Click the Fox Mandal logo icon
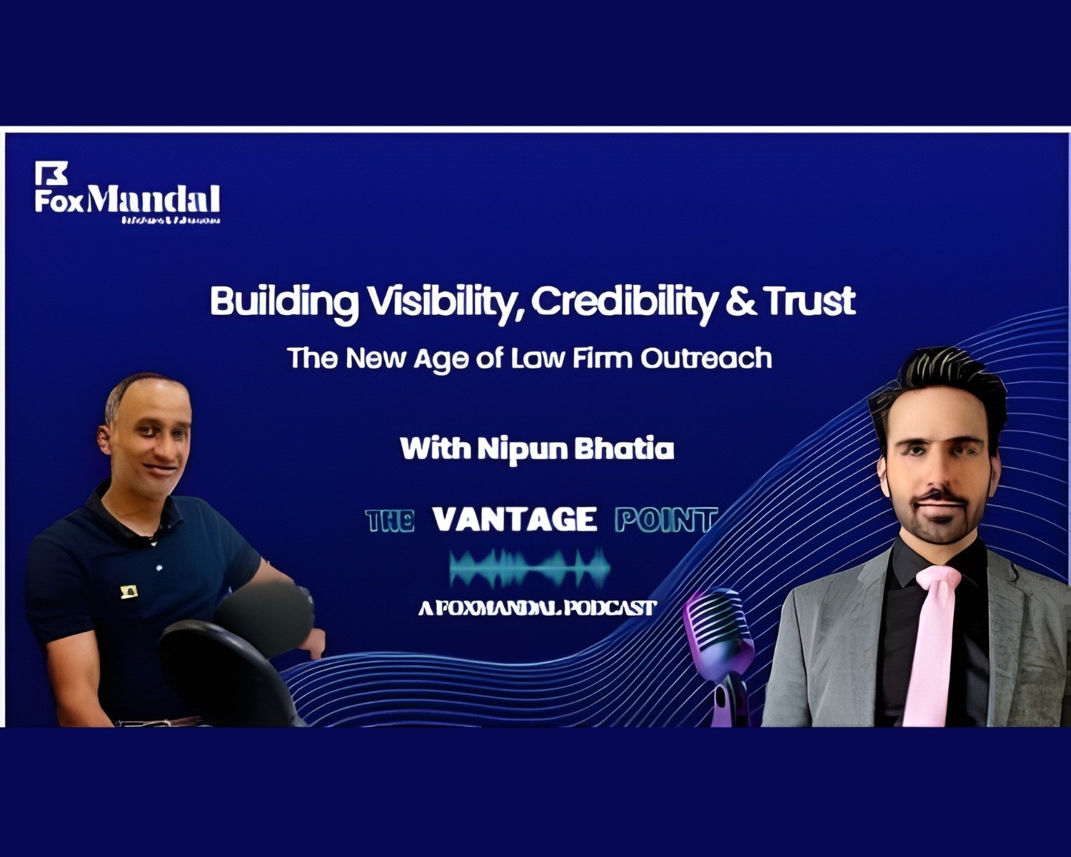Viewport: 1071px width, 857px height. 51,173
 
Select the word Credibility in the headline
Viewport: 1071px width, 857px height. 623,301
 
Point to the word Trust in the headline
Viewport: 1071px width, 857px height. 810,301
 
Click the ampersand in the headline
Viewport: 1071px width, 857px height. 741,301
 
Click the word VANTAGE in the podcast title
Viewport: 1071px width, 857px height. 514,519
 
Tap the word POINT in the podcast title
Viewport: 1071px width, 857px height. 665,520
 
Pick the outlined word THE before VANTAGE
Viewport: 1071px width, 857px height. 390,521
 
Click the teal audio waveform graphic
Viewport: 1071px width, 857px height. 530,568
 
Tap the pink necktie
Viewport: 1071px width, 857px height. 934,643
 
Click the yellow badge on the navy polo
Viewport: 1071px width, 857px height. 129,591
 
